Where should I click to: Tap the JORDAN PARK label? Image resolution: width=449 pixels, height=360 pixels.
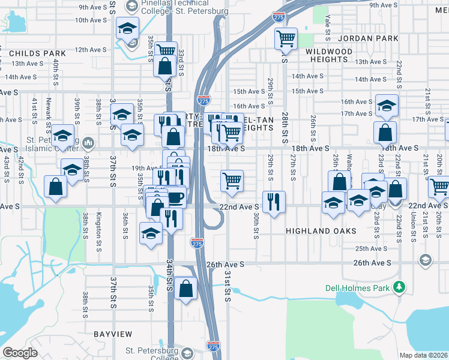click(368, 38)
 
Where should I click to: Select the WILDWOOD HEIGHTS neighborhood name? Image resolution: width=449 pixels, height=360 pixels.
click(329, 56)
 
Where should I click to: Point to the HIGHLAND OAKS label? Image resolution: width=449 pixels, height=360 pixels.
click(321, 231)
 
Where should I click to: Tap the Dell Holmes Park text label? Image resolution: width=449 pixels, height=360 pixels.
click(358, 288)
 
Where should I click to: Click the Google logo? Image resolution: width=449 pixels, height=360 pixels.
click(20, 353)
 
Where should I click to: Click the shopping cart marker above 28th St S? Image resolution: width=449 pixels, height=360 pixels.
click(286, 39)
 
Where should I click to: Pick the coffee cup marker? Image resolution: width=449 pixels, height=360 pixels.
click(175, 197)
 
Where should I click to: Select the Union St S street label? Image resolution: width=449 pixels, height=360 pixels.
click(414, 228)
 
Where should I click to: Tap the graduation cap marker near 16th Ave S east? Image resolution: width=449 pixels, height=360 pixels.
click(387, 105)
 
